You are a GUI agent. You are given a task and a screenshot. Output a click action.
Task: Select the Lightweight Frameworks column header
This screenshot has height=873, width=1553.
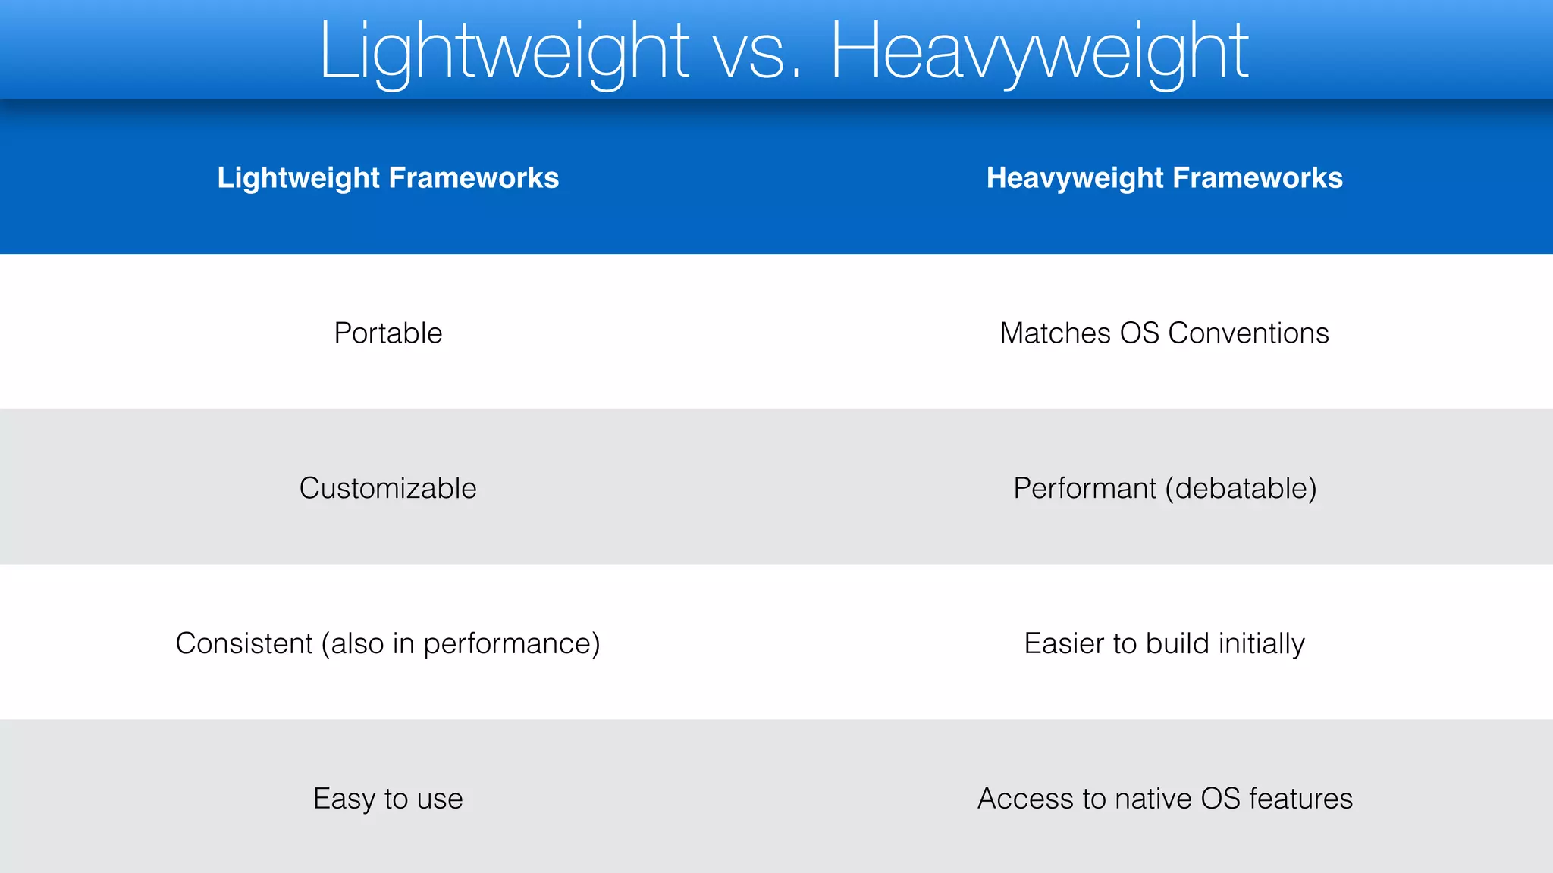388,178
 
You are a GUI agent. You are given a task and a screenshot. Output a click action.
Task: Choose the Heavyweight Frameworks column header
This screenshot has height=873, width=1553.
1164,178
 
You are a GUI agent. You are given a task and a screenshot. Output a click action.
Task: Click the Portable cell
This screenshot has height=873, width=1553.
388,333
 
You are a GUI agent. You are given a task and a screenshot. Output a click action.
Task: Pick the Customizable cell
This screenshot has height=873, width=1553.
388,489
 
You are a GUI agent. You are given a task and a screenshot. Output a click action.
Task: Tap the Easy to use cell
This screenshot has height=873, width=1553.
388,799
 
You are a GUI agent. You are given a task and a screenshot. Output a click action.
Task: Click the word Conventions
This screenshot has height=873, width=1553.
1248,333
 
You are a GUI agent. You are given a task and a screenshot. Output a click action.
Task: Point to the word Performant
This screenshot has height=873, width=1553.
1084,489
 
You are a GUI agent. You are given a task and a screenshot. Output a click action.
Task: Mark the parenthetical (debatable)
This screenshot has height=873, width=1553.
1241,489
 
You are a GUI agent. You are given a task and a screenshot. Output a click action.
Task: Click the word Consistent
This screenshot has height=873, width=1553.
244,643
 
